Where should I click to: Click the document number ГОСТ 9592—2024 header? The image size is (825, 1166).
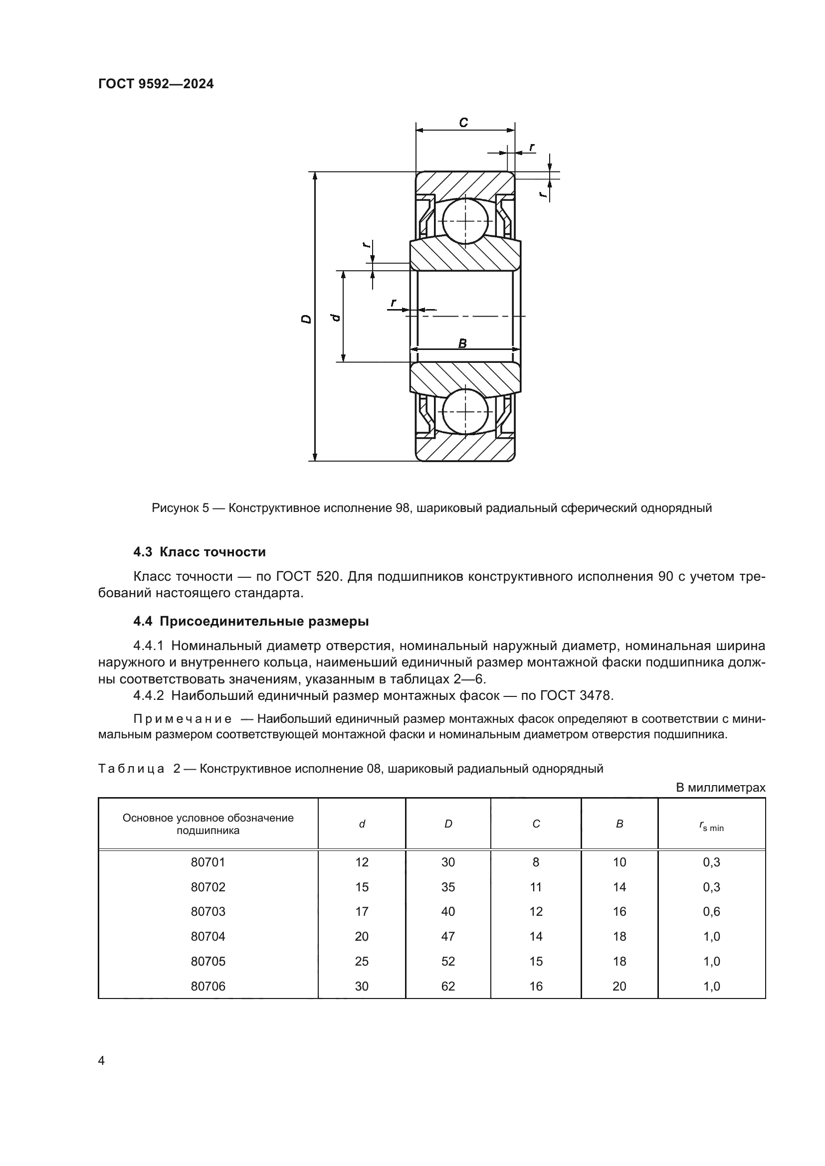[156, 84]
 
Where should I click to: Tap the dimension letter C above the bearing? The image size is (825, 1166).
[463, 123]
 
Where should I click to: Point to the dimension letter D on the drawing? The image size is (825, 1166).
[306, 319]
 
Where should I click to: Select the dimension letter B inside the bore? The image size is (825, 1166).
[462, 343]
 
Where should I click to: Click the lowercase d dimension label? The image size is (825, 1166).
[335, 318]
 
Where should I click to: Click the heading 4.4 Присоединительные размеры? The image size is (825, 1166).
[251, 621]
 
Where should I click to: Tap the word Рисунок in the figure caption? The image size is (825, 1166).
[176, 508]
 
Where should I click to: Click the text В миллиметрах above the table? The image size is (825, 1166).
[720, 788]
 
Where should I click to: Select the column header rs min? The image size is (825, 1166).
[711, 828]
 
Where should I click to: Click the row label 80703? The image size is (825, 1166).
[208, 912]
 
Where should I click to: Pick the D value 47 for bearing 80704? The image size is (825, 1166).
[447, 937]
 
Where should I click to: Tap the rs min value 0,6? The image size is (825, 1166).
[711, 912]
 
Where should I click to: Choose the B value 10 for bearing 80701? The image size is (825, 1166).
[619, 862]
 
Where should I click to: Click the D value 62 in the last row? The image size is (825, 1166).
[447, 986]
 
